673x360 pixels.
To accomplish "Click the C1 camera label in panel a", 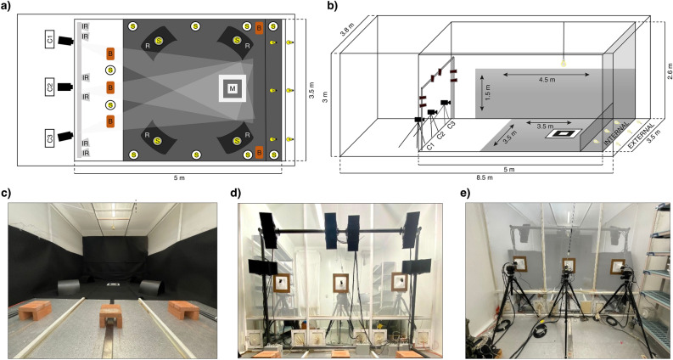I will click(50, 38).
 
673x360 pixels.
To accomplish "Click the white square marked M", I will click(232, 88).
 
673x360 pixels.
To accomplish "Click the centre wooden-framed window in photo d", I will click(341, 284).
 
